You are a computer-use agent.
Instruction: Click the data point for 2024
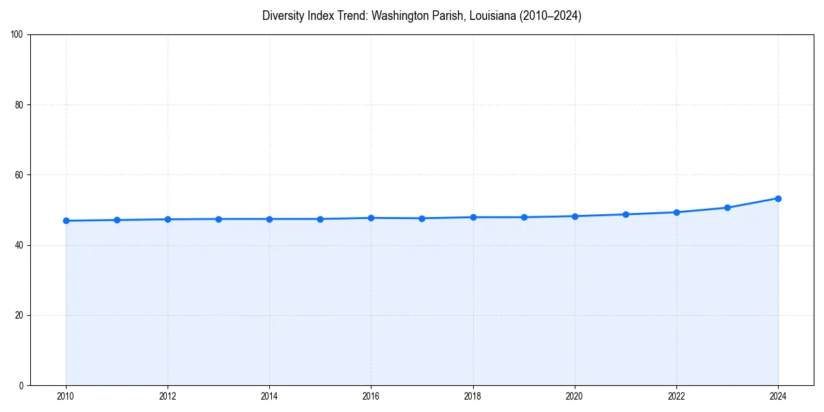tap(778, 198)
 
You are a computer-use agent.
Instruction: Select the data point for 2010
tap(66, 220)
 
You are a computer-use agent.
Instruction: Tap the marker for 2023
tap(727, 207)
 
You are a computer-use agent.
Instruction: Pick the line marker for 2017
tap(422, 218)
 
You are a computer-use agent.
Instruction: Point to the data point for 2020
tap(575, 216)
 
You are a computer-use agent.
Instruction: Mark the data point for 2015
tap(320, 219)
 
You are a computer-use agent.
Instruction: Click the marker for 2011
tap(117, 220)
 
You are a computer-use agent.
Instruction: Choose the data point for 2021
tap(626, 214)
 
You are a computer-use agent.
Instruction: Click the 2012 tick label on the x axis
tap(168, 396)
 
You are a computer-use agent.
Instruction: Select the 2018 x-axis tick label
tap(472, 396)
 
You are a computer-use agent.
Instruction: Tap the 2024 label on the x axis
tap(778, 396)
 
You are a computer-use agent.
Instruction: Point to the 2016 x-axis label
tap(371, 396)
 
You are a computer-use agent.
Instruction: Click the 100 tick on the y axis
tap(18, 35)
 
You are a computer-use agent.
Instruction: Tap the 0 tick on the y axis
tap(22, 385)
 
